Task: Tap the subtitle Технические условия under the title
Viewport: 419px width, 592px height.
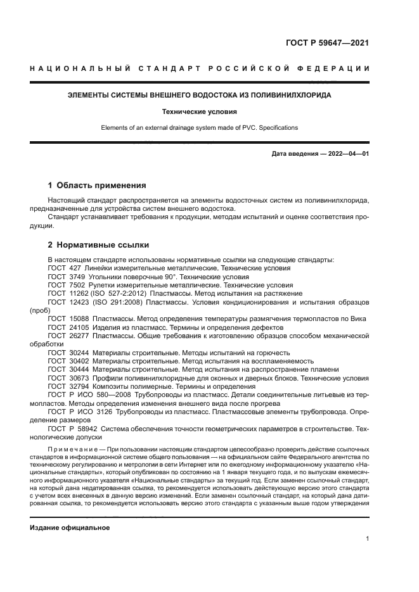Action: [x=199, y=111]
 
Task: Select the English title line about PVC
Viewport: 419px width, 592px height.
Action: [x=199, y=128]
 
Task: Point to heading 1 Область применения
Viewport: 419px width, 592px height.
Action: [x=97, y=186]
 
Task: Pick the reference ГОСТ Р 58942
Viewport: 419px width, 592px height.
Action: [x=73, y=429]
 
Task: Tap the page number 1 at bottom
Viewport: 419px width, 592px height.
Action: [x=367, y=539]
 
